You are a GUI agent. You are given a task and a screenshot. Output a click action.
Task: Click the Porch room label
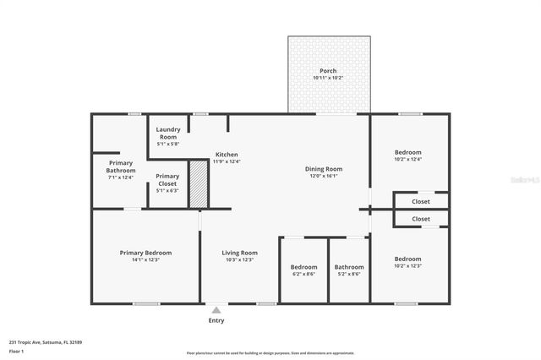coord(329,70)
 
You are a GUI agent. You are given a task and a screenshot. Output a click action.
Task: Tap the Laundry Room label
coord(167,133)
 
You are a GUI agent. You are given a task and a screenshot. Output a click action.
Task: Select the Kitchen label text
coord(227,155)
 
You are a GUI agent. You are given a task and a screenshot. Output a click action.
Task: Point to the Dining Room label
coord(324,169)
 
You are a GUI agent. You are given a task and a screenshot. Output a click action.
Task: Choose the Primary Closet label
coord(167,180)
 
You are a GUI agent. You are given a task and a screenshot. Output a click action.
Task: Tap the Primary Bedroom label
coord(145,253)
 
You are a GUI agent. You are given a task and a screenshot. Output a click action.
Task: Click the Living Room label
coord(239,253)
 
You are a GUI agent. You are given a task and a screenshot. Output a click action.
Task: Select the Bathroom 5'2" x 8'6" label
coord(348,267)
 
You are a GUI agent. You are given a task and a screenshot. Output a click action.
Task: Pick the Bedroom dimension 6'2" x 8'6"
coord(304,274)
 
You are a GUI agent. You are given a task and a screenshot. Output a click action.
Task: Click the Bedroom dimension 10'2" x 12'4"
coord(407,159)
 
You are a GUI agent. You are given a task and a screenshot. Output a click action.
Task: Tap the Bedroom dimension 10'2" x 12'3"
coord(407,266)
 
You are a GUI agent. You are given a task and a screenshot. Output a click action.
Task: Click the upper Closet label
coord(420,202)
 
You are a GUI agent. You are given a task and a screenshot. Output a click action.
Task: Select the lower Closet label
coord(420,219)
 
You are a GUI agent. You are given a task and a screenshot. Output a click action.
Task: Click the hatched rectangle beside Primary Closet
coord(197,185)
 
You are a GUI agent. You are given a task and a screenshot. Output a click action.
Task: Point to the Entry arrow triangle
coord(216,310)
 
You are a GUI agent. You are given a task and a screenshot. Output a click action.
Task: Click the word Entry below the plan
coord(216,320)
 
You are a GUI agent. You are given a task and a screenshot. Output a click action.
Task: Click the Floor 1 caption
coord(17,350)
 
